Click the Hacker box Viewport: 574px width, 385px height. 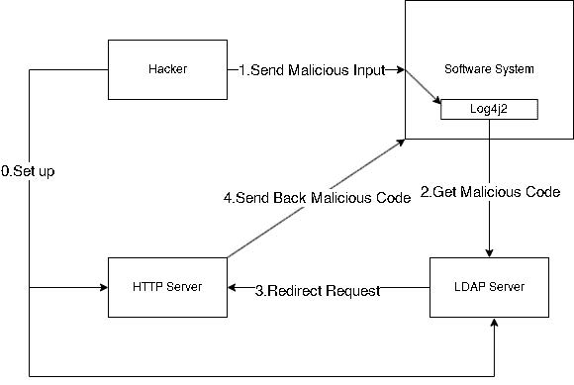[x=167, y=69]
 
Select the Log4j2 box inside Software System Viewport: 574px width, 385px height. [x=489, y=110]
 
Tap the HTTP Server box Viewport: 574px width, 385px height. [x=167, y=287]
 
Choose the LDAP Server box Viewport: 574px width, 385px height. [x=489, y=287]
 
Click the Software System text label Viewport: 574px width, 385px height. [x=489, y=69]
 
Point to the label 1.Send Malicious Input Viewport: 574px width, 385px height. [x=319, y=70]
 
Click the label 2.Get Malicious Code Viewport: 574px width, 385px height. [x=491, y=191]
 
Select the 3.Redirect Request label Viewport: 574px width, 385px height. [x=318, y=290]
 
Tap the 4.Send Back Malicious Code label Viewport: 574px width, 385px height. [x=317, y=197]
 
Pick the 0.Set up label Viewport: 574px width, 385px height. [x=28, y=171]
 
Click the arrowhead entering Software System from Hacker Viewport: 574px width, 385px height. [x=400, y=70]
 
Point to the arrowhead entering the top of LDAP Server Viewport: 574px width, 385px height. [x=489, y=251]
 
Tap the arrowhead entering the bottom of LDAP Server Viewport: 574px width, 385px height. [x=489, y=323]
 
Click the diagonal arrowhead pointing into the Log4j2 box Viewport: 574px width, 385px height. [x=436, y=103]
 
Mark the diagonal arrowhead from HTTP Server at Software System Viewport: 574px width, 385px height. [x=401, y=144]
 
